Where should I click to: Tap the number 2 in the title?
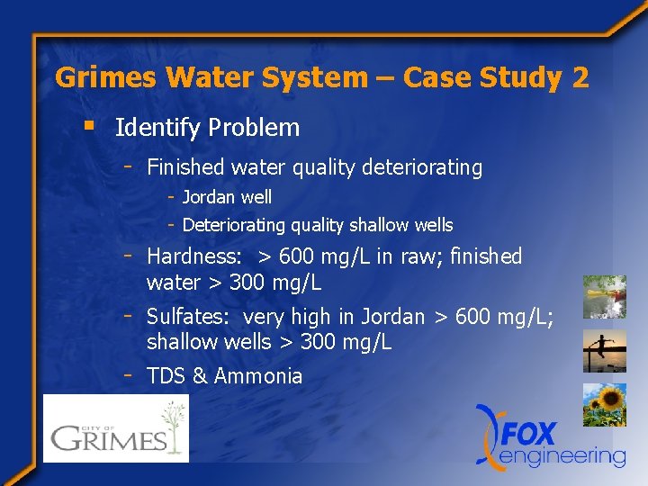point(580,77)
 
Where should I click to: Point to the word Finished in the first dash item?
point(184,167)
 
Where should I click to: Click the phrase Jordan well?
point(227,197)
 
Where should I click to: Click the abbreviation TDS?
point(166,376)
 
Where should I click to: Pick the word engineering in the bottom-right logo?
point(563,456)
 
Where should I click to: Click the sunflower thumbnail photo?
point(604,405)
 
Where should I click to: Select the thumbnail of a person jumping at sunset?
point(604,351)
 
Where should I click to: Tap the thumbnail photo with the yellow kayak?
point(604,296)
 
